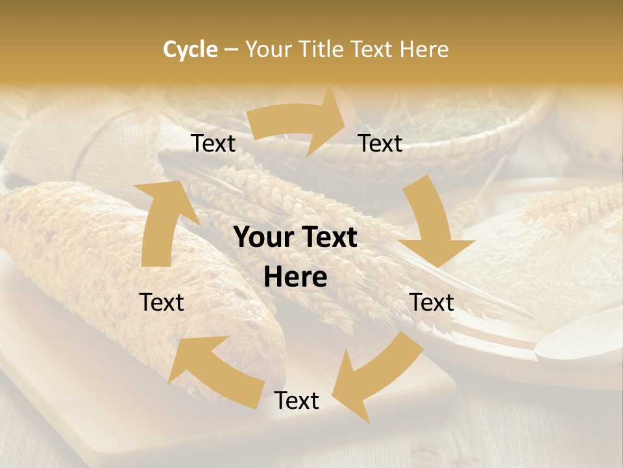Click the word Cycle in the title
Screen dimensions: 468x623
pos(190,49)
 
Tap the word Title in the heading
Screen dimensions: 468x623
pos(323,49)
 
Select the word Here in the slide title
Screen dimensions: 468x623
pos(424,49)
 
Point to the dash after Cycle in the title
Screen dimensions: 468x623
pos(230,50)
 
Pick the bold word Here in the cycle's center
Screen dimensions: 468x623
pos(295,278)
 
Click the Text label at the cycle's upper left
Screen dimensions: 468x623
pos(214,144)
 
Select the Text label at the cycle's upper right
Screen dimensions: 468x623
pos(380,144)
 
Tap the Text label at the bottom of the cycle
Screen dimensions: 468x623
pos(297,401)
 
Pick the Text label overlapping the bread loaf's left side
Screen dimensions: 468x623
pos(162,302)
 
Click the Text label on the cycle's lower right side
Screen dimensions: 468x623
pos(432,302)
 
